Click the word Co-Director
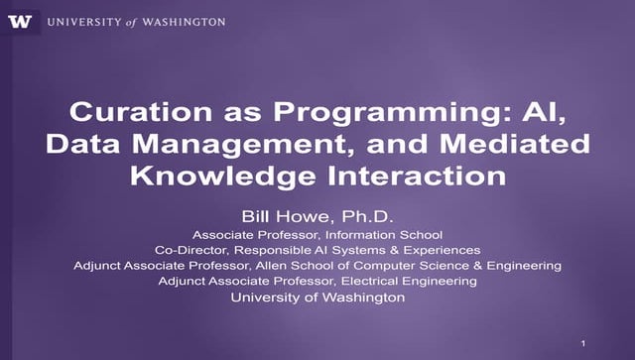[189, 250]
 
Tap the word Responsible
[269, 250]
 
